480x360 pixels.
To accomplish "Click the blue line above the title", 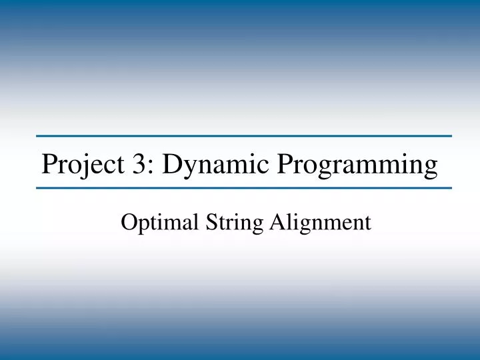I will point(244,136).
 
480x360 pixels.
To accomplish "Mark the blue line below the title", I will point(244,188).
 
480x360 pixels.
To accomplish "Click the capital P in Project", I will point(49,163).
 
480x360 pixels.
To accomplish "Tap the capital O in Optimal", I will point(128,222).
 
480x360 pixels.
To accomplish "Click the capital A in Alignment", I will point(277,222).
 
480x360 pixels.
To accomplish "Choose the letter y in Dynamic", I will point(191,167).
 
